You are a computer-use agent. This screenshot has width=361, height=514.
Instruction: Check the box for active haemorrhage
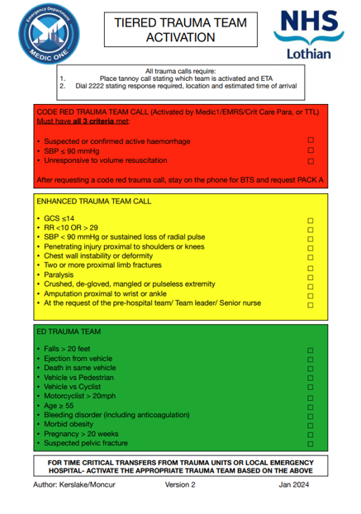tap(311, 141)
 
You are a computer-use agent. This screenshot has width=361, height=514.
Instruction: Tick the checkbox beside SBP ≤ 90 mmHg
tap(311, 150)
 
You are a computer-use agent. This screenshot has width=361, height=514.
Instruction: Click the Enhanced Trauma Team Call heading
tap(94, 201)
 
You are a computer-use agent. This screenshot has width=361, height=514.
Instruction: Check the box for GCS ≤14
tap(311, 221)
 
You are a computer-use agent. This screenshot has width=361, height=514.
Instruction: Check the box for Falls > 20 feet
tap(311, 350)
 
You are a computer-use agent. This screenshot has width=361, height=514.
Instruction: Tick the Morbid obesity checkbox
tap(311, 422)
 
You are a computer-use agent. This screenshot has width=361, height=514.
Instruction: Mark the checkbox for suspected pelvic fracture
tap(311, 445)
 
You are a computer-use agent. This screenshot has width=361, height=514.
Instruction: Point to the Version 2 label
tap(180, 484)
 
